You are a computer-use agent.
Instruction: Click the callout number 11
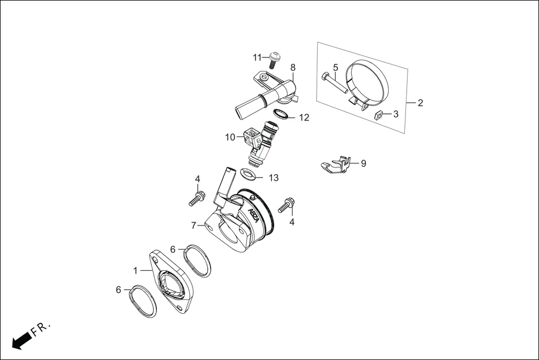(257, 57)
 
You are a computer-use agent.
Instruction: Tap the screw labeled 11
(274, 58)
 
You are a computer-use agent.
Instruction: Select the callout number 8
(293, 68)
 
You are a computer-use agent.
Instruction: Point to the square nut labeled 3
(379, 116)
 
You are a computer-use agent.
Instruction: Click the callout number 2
(420, 103)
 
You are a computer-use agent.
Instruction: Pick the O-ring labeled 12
(282, 114)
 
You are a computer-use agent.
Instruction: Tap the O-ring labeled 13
(250, 174)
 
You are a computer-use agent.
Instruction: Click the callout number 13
(273, 178)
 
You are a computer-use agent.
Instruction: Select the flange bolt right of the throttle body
(288, 205)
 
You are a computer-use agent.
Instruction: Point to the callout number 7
(194, 225)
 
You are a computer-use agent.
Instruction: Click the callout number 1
(135, 270)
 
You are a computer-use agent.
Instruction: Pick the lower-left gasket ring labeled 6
(144, 301)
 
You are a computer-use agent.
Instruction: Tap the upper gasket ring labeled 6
(198, 260)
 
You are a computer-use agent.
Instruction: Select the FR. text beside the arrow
(41, 328)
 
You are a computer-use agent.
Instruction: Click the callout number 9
(363, 164)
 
